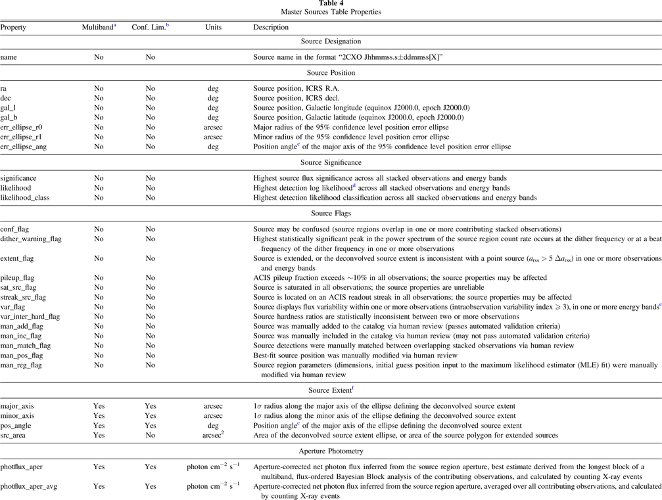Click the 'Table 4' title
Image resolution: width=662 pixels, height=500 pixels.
click(331, 3)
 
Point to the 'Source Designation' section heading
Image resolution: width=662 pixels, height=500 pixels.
click(331, 42)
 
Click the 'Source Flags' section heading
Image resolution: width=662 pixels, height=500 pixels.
click(331, 213)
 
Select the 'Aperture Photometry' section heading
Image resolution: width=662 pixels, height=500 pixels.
click(331, 451)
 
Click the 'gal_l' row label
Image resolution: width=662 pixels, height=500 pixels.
click(9, 108)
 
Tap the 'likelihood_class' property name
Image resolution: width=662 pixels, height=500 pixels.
click(25, 197)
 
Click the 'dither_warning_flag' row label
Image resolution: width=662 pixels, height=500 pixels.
click(30, 239)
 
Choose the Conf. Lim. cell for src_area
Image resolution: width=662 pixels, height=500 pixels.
click(151, 436)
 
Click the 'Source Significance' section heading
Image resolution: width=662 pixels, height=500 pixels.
click(331, 162)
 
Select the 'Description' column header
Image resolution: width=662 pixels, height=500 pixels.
click(271, 28)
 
